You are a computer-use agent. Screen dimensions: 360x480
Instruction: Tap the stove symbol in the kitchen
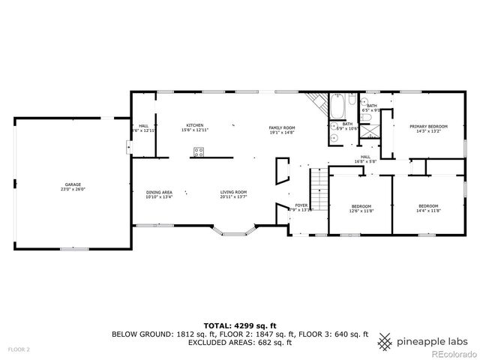199,153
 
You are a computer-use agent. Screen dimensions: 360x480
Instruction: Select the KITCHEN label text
195,125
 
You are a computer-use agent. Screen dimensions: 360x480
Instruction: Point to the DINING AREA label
159,193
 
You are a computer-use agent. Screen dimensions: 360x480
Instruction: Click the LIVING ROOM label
233,193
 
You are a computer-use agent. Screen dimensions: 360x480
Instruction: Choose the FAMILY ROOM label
282,128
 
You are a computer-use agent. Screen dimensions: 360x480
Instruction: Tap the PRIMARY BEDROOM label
428,127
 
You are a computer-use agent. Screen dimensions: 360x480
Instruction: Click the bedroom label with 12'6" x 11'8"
361,206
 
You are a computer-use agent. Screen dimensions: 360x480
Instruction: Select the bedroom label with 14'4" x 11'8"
428,206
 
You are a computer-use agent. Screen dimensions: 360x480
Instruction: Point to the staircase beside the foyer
319,191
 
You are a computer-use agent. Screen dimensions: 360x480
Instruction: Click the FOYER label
301,205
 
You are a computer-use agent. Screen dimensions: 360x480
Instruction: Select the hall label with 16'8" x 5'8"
366,157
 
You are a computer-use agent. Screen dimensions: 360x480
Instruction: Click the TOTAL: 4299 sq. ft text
240,325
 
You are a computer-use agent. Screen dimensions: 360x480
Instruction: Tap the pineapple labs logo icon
385,341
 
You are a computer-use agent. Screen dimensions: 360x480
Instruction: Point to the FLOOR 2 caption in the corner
19,349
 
